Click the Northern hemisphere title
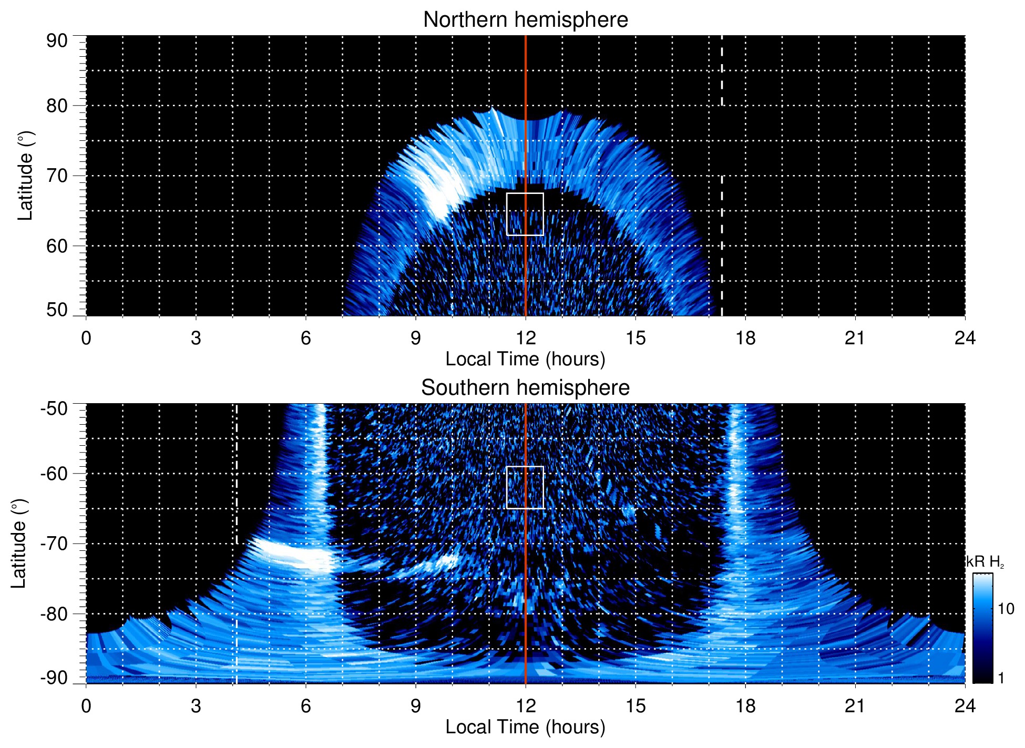(525, 20)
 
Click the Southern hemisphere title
(525, 388)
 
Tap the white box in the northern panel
(525, 214)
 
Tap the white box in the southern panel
(525, 487)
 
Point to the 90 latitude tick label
(57, 41)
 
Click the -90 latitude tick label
(54, 678)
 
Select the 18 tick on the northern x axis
(745, 338)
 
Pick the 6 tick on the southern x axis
(305, 706)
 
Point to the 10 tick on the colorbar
(1006, 609)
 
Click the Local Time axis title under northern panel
(525, 359)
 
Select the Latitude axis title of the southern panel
(19, 544)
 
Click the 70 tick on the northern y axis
(57, 176)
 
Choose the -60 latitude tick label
(54, 473)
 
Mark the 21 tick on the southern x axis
(855, 706)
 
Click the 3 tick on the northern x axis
(196, 338)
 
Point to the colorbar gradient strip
(982, 628)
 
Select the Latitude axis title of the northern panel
(25, 176)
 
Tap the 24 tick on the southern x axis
(965, 706)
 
